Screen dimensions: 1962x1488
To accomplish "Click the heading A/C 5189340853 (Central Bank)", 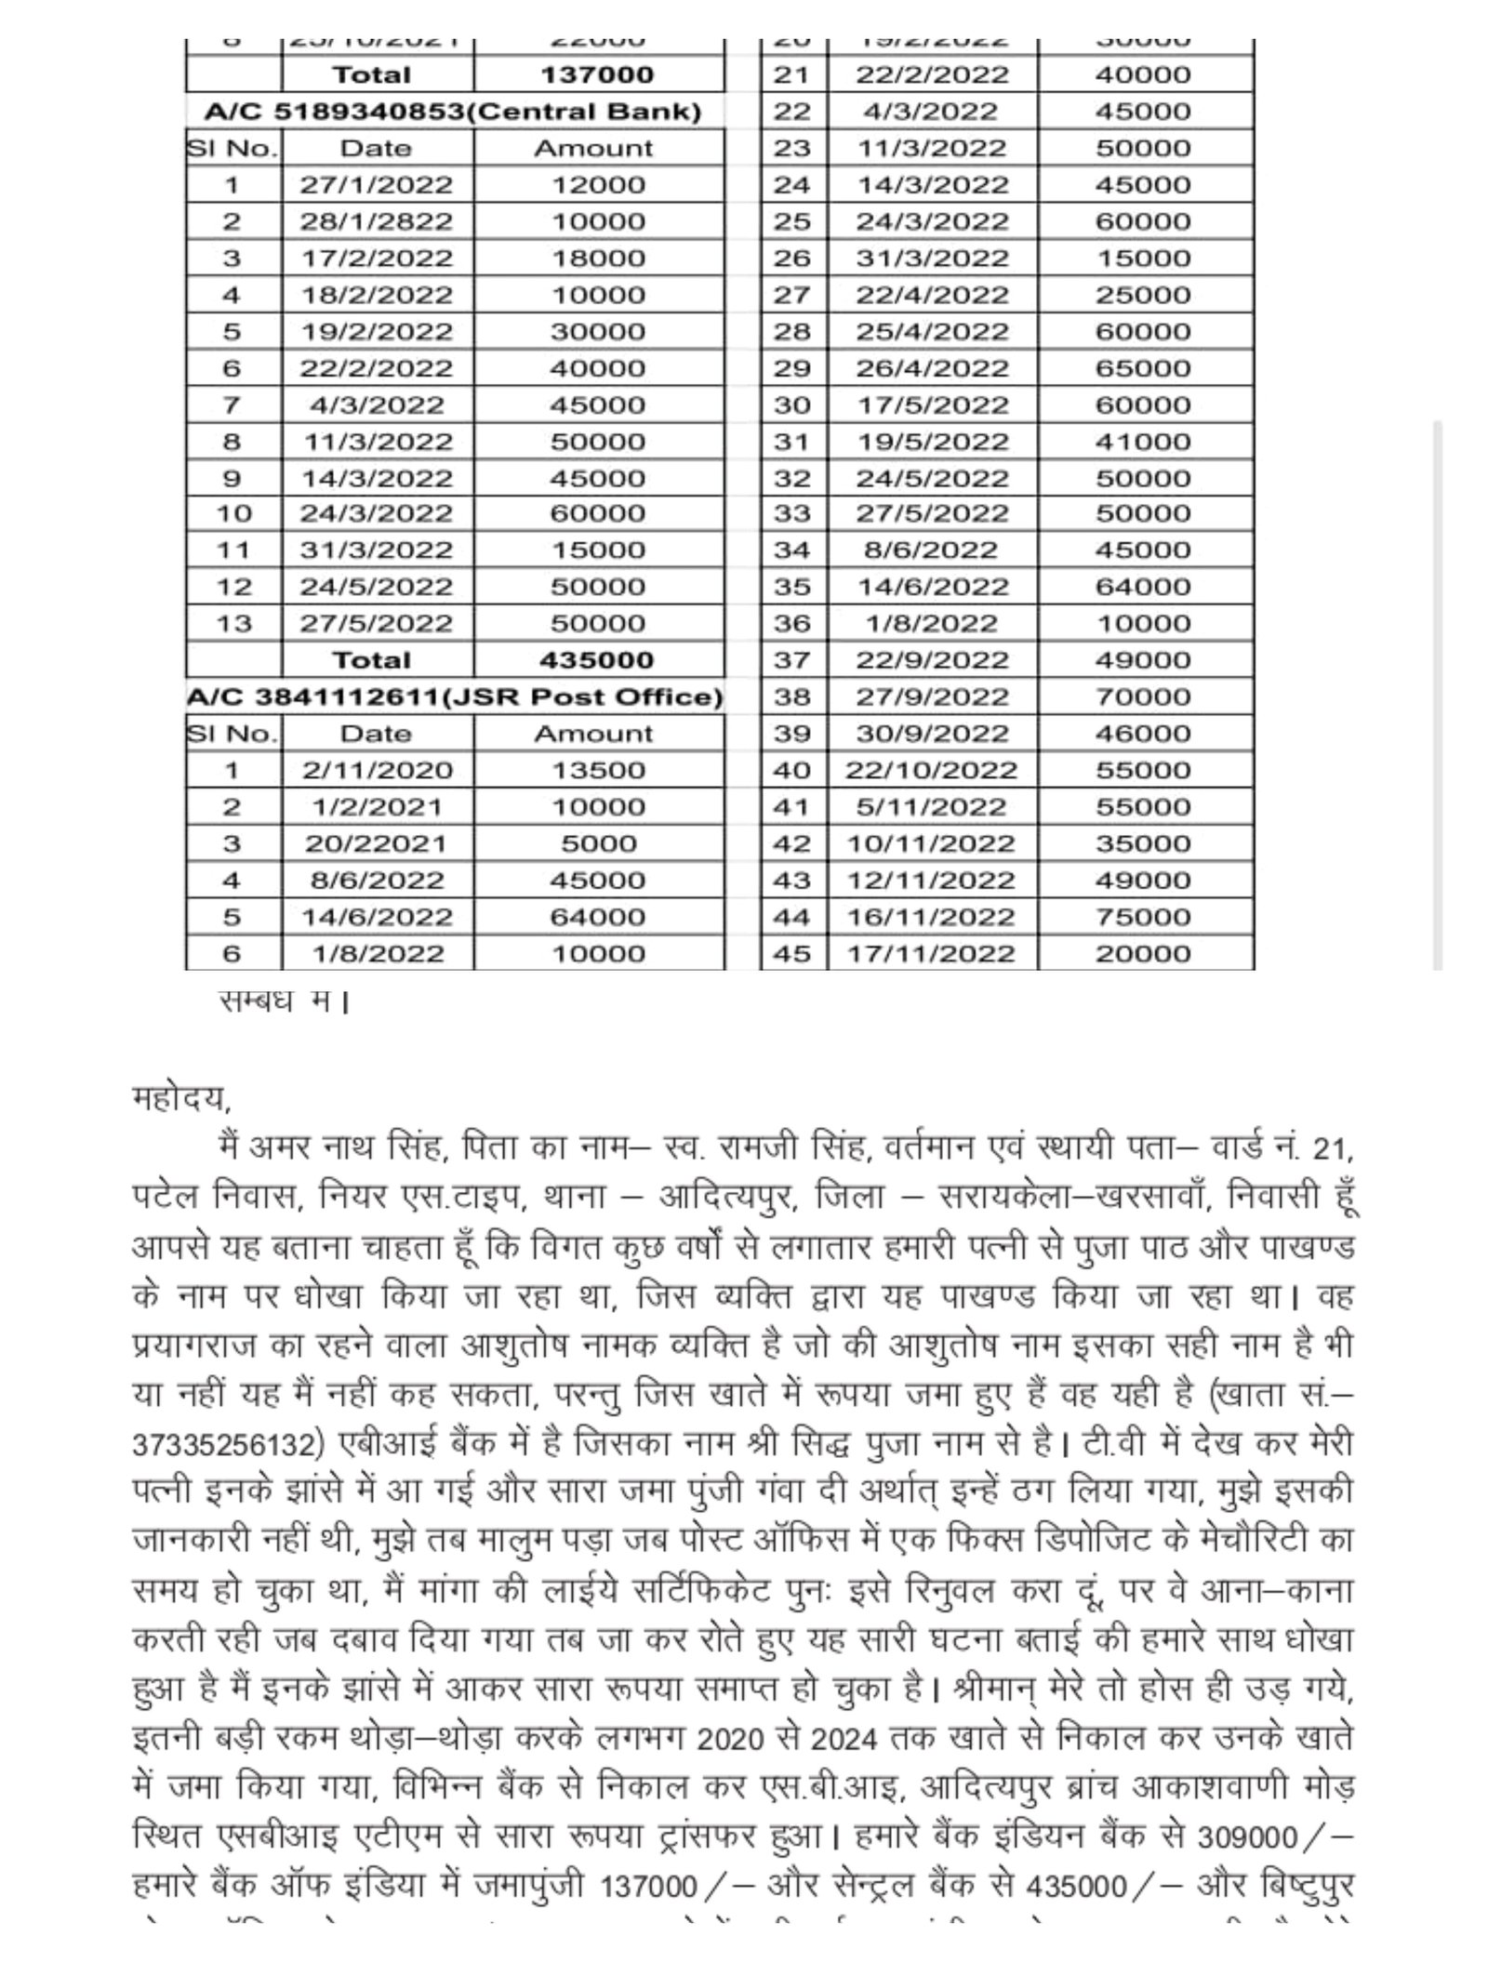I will [x=453, y=112].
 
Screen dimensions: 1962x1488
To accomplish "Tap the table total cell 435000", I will [x=597, y=660].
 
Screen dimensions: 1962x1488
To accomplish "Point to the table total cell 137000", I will [x=597, y=74].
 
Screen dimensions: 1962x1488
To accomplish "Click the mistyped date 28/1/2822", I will [x=376, y=221].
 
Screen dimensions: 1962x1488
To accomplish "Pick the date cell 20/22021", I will [x=376, y=843].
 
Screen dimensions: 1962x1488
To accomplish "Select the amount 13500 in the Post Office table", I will [x=597, y=770].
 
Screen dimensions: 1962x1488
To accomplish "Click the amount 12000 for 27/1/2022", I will [x=597, y=185].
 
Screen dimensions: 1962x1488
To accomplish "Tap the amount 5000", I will [x=597, y=843].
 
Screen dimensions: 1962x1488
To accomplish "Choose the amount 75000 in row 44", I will [x=1142, y=917].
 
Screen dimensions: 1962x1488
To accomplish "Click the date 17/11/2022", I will [x=931, y=954].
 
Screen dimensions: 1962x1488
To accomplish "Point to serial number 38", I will [x=791, y=696].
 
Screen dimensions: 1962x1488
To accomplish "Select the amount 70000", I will [x=1142, y=696].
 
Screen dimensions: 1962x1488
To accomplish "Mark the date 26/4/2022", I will [x=931, y=368].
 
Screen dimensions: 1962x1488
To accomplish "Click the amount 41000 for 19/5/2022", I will [x=1142, y=442].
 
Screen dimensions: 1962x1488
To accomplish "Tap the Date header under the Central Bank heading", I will [x=376, y=149].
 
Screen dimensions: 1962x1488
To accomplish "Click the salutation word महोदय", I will [x=179, y=1099].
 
